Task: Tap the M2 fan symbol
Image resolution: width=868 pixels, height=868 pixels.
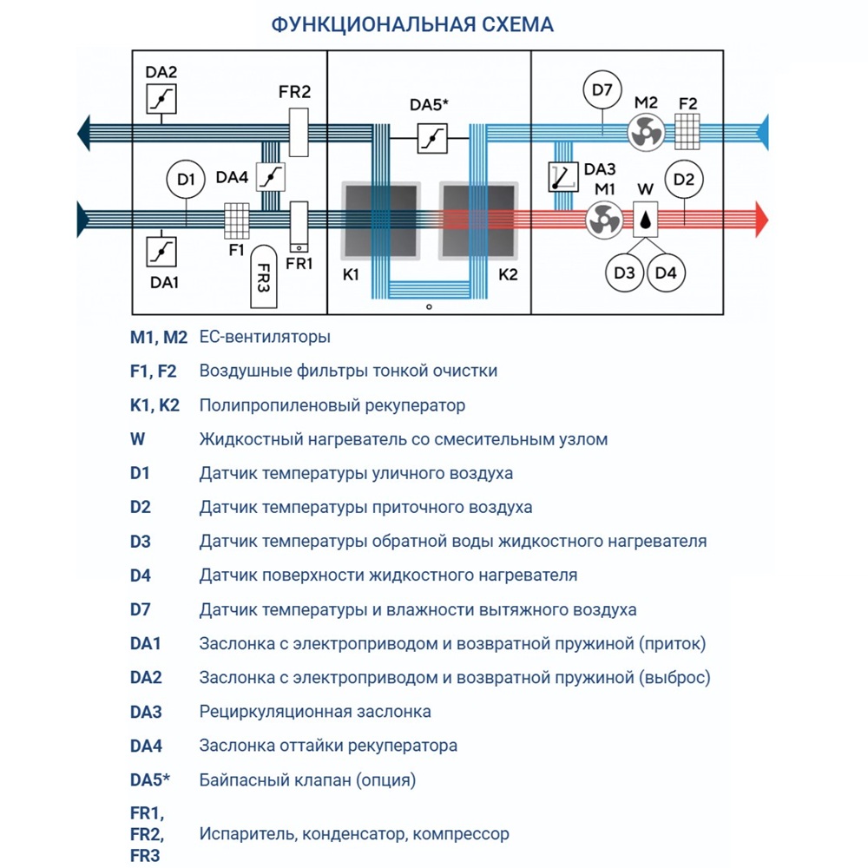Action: click(x=646, y=133)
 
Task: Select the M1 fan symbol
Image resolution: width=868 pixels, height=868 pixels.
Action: click(x=602, y=220)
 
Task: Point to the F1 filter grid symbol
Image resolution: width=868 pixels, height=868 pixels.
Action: click(x=237, y=220)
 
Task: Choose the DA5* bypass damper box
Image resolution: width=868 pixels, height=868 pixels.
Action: click(x=430, y=138)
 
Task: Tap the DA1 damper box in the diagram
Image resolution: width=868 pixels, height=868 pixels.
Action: click(x=161, y=251)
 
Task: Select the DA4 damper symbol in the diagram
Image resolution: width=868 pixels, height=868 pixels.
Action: click(x=273, y=177)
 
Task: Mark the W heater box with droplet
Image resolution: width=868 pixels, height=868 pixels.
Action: click(x=645, y=220)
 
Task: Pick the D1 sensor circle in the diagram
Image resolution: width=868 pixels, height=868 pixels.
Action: click(x=186, y=181)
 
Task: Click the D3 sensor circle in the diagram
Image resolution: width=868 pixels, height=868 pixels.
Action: click(x=624, y=273)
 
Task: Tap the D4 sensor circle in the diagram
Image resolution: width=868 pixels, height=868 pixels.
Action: click(x=666, y=273)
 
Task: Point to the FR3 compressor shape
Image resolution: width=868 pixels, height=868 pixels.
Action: click(x=264, y=276)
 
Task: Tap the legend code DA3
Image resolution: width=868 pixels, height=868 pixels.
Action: click(x=146, y=712)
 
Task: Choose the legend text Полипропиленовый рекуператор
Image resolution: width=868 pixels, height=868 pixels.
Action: click(x=332, y=405)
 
